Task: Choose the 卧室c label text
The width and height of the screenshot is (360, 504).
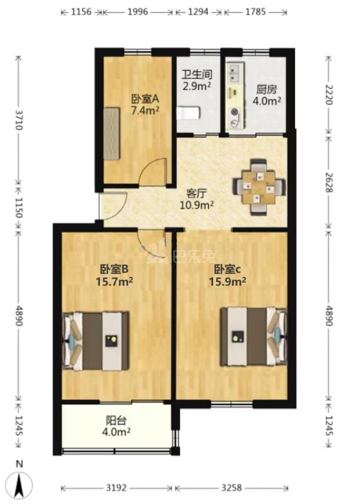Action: coord(227,270)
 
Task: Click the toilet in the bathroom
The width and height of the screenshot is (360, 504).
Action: coord(188,112)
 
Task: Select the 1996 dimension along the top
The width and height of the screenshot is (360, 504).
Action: coord(138,12)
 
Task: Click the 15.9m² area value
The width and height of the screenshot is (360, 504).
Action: coord(227,281)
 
